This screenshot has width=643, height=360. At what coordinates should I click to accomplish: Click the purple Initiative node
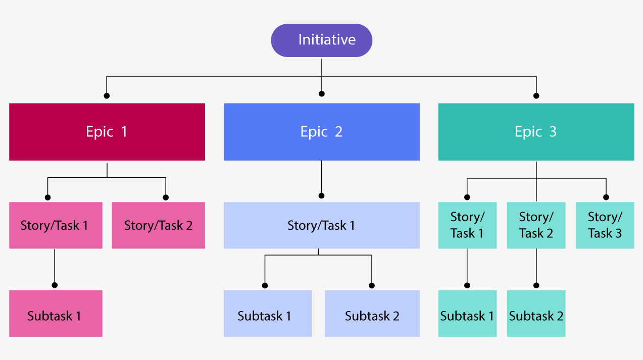(322, 40)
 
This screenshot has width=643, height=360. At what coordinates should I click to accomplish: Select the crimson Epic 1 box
(107, 132)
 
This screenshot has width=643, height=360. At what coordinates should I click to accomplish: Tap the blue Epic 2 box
(322, 132)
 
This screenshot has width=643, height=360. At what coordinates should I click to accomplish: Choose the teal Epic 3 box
(536, 132)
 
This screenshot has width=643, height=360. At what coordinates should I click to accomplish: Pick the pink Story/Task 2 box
(158, 225)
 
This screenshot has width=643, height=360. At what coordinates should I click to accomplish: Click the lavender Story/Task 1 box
(322, 225)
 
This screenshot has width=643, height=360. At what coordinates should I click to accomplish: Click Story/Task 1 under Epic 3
(467, 225)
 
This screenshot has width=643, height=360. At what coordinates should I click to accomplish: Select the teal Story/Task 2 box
(536, 225)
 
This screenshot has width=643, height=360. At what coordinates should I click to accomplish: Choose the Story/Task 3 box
(605, 225)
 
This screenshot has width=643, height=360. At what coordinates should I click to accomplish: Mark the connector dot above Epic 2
(322, 93)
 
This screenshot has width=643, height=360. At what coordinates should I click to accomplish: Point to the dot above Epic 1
(107, 95)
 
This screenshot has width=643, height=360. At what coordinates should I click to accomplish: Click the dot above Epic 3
(536, 95)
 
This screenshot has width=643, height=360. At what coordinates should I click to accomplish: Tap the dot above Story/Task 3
(606, 197)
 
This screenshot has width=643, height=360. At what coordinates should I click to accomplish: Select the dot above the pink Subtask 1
(55, 285)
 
